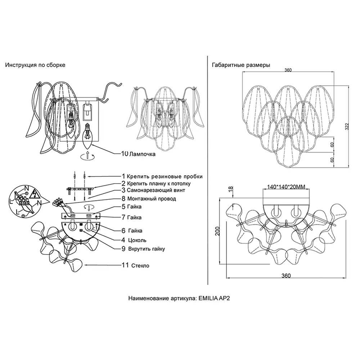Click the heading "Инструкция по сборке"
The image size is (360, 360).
click(35, 65)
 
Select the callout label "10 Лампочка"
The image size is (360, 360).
click(138, 154)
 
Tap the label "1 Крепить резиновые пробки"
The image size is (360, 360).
click(162, 176)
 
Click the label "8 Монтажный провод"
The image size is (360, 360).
click(149, 198)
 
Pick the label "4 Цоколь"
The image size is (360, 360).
click(134, 240)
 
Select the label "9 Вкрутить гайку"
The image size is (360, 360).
click(143, 248)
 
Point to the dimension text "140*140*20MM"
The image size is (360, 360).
click(287, 187)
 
